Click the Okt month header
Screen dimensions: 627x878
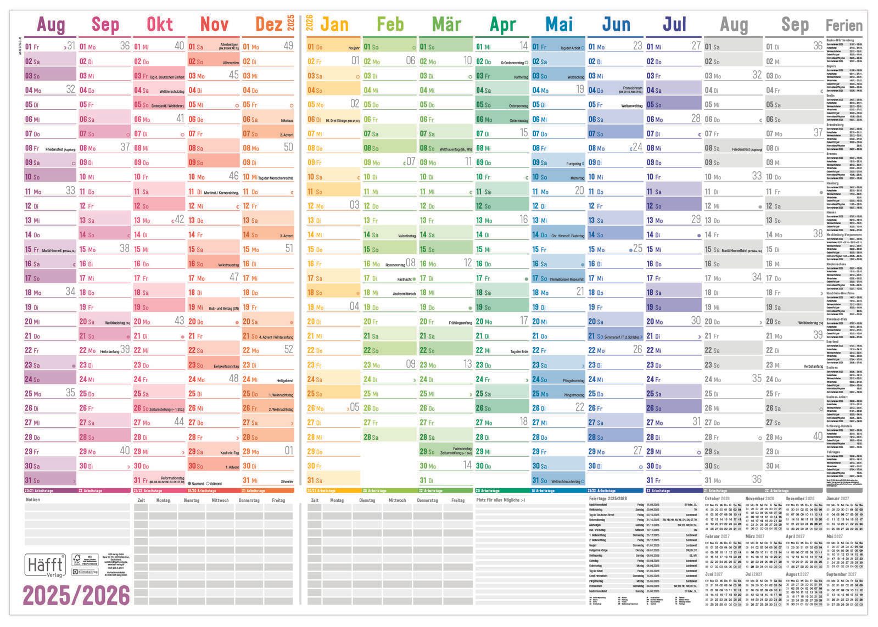[159, 24]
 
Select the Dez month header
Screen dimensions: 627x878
[269, 24]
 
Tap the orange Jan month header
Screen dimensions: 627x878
[334, 24]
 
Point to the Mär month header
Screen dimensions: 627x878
[446, 24]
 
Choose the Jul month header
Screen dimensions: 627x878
[674, 24]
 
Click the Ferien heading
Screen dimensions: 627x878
[844, 25]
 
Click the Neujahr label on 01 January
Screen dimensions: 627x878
[354, 48]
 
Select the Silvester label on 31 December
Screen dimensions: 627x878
[287, 482]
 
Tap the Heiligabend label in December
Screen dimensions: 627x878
[284, 380]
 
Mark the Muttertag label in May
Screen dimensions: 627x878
[577, 178]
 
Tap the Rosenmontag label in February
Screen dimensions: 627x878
[395, 265]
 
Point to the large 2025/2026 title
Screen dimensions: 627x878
[76, 595]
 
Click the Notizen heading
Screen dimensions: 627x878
[33, 500]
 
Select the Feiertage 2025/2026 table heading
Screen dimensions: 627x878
[607, 499]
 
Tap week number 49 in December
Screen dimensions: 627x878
[288, 46]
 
